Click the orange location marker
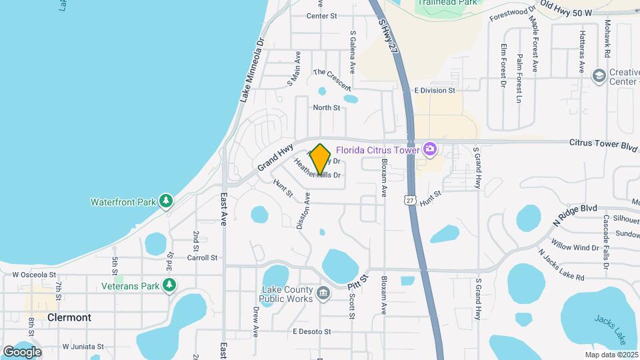(x=321, y=159)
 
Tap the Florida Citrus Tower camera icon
(x=430, y=148)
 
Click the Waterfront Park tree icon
(x=166, y=201)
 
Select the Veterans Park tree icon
(x=169, y=286)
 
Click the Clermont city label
(x=69, y=317)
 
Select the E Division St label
(x=434, y=90)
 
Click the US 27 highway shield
(x=410, y=199)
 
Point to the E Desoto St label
(x=311, y=331)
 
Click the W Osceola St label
(x=34, y=274)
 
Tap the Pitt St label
(x=358, y=281)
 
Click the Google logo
(x=22, y=351)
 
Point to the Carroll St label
(x=202, y=257)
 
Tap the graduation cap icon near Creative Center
(x=599, y=74)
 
